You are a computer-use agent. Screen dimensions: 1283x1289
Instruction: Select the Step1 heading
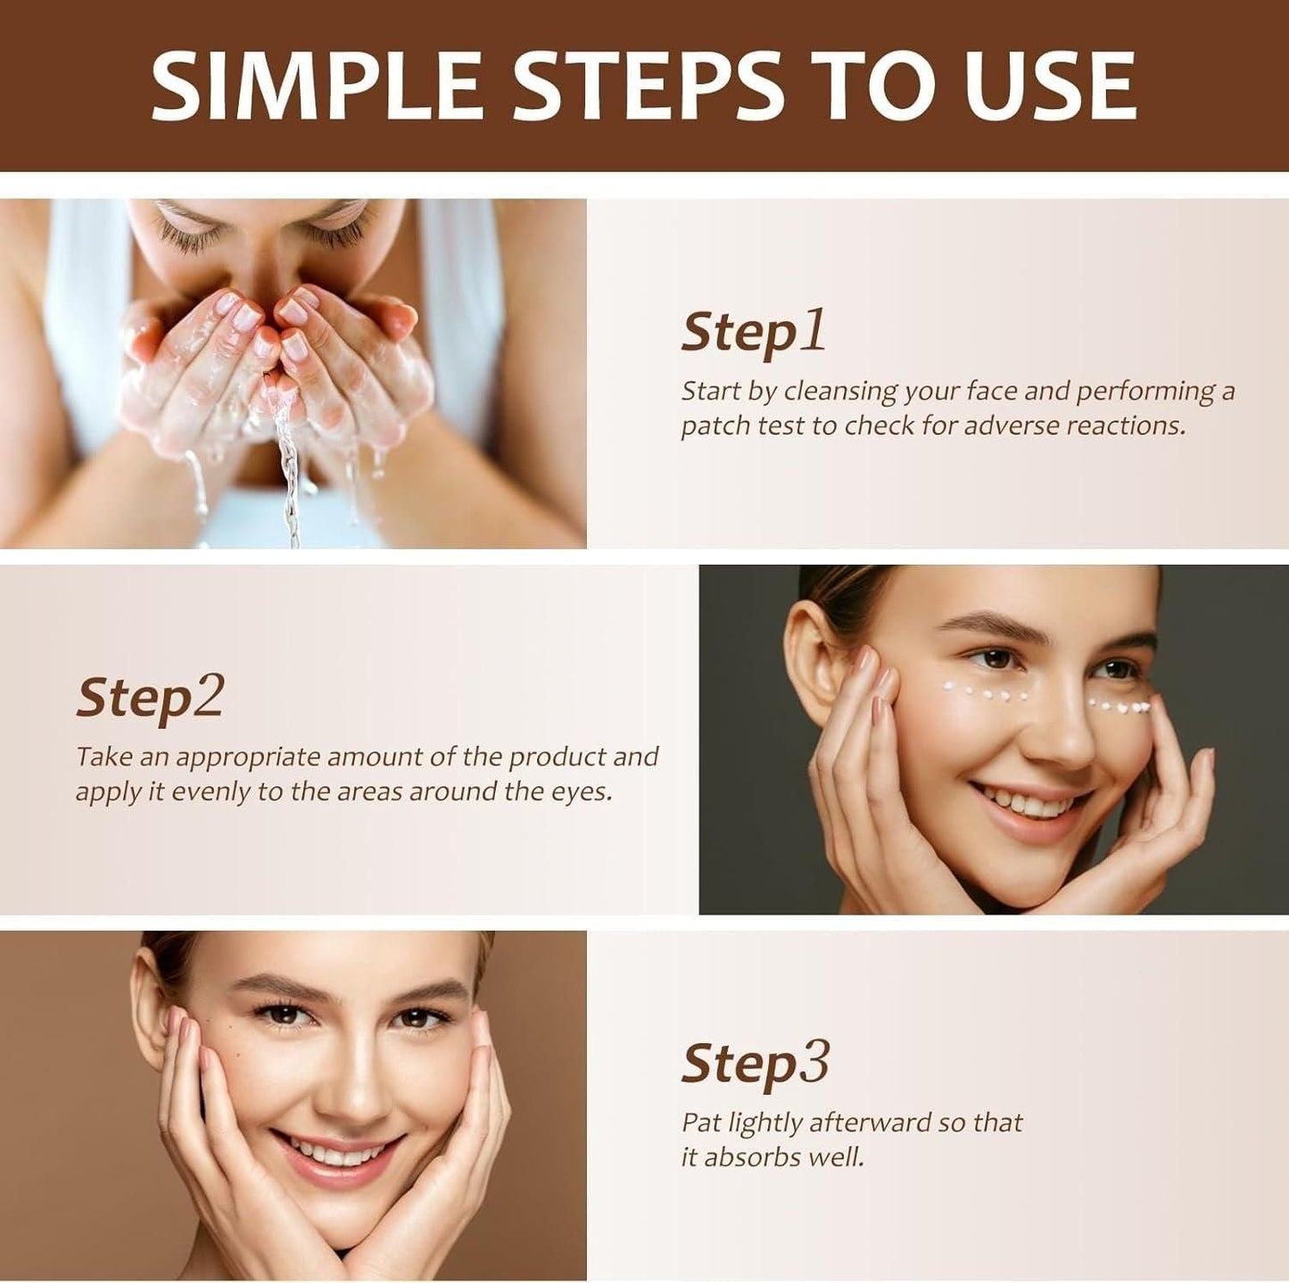coord(753,332)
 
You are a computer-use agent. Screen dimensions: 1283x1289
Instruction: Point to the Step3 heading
coord(755,1064)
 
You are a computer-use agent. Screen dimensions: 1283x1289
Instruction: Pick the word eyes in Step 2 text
coord(584,792)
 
